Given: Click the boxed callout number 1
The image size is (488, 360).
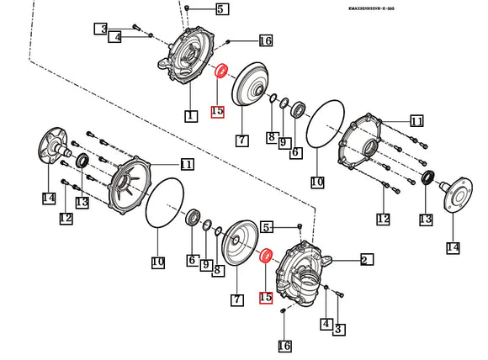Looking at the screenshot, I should (191, 114).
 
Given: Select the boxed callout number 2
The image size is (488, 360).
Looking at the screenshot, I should (366, 260).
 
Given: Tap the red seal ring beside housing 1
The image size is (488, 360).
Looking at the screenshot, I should (223, 71).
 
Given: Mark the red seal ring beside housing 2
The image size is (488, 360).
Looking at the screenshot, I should (267, 255).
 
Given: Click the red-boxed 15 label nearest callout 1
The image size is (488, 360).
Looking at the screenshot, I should (217, 111).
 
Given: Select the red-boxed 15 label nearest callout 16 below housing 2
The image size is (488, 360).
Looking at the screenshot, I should (266, 297).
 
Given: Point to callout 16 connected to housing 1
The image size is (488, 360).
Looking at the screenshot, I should (265, 40).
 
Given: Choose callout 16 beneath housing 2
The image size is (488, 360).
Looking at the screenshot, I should (284, 346).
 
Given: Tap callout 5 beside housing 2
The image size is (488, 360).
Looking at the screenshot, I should (266, 227).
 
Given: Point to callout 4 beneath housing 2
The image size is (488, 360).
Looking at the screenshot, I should (325, 324).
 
